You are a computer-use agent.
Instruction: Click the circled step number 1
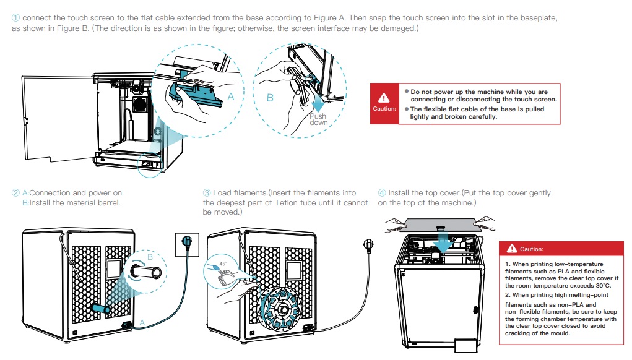pos(16,17)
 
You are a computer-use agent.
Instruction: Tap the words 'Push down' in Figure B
pos(318,119)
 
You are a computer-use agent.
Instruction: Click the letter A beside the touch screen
pos(231,97)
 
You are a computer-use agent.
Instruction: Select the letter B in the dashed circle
pos(270,98)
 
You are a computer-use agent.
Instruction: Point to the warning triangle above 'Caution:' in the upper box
pos(384,98)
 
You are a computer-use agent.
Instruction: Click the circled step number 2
pos(16,193)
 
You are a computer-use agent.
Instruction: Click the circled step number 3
pos(207,193)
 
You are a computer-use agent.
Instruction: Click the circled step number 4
pos(382,193)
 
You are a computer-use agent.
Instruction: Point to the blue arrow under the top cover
pos(443,238)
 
